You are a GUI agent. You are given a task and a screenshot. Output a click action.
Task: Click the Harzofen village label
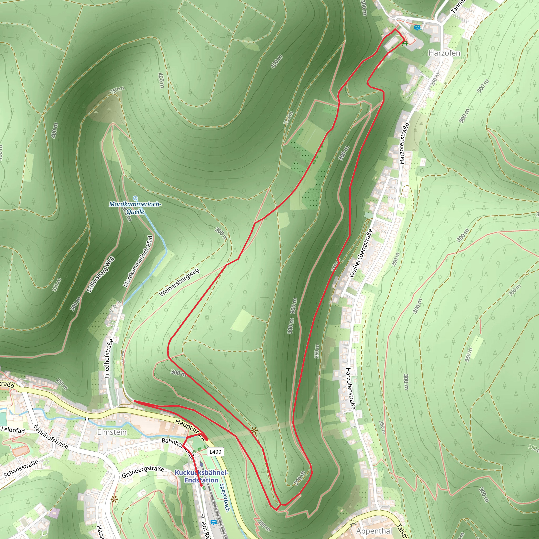point(444,53)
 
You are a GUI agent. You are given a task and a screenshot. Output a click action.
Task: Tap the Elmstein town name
point(112,432)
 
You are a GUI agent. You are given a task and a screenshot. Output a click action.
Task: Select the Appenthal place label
point(374,531)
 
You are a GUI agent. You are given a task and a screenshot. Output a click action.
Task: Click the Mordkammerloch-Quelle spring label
point(135,208)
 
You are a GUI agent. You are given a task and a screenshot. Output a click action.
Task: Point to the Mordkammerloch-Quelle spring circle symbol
point(135,198)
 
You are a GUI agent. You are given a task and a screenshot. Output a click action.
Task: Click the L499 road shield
point(215,452)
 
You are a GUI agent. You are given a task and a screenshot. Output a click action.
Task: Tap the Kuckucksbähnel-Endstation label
point(201,476)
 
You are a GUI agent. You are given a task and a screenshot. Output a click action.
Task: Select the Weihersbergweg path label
point(179,282)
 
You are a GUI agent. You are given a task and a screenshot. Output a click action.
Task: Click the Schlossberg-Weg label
point(101,275)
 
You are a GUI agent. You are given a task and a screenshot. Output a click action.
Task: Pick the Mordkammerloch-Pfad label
point(138,261)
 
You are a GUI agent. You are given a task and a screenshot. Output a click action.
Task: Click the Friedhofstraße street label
point(109,358)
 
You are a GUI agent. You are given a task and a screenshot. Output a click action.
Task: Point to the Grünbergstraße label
point(143,471)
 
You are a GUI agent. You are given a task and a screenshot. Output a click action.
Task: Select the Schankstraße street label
point(21,468)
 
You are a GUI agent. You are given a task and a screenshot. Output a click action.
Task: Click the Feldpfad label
point(13,430)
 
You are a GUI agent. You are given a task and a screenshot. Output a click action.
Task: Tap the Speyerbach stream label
point(225,497)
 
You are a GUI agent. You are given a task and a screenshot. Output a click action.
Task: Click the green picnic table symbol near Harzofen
point(405,43)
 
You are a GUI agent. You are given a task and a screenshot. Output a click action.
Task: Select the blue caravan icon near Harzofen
point(417,28)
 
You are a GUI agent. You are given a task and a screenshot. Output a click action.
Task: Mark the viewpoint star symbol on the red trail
point(254,431)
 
